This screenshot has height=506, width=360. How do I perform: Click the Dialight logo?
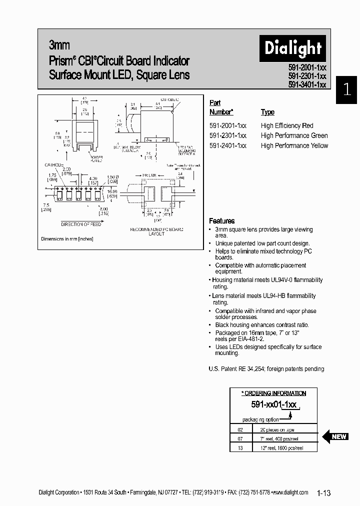[x=292, y=48]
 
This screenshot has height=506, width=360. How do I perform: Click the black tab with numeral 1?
[x=347, y=90]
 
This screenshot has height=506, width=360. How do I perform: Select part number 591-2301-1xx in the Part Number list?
[x=227, y=135]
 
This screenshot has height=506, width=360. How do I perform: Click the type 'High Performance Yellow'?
[x=294, y=145]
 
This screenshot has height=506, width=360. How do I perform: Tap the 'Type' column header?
[x=267, y=112]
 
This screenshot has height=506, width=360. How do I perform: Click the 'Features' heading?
[x=221, y=220]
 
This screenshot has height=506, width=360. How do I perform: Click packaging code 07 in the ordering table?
[x=240, y=438]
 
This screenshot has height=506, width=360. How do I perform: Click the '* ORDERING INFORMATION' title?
[x=273, y=393]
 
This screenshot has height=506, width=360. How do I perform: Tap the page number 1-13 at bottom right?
[x=323, y=493]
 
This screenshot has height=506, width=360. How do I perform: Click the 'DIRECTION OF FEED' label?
[x=81, y=224]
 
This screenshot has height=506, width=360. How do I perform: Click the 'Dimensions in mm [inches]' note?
[x=67, y=239]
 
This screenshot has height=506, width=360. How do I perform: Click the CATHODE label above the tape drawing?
[x=54, y=164]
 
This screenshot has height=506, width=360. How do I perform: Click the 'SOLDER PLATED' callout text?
[x=96, y=158]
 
